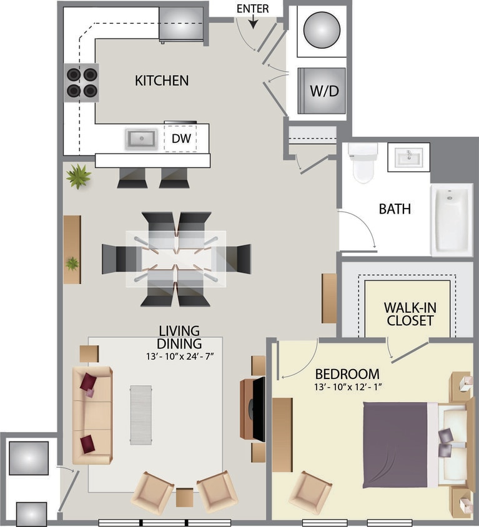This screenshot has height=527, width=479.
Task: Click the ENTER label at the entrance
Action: coord(253,9)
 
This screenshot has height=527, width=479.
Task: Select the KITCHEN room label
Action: coord(162,81)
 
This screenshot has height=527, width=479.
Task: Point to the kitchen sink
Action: coord(141,139)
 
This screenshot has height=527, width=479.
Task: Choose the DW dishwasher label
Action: coord(180,139)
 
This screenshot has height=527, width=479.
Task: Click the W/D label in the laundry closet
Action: coord(323,91)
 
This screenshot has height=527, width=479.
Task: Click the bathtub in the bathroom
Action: coord(451,220)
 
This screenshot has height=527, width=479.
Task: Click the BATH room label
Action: coord(395,209)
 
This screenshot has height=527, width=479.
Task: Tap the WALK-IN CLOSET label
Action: coord(409,314)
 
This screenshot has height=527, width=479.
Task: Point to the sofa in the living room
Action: coord(92,415)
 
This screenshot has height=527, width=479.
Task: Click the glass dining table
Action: coord(177,259)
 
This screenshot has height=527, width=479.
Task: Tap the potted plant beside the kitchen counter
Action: coord(79,176)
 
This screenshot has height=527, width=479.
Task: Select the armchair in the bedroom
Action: coord(310,492)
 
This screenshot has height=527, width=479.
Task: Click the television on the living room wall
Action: coord(257,409)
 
